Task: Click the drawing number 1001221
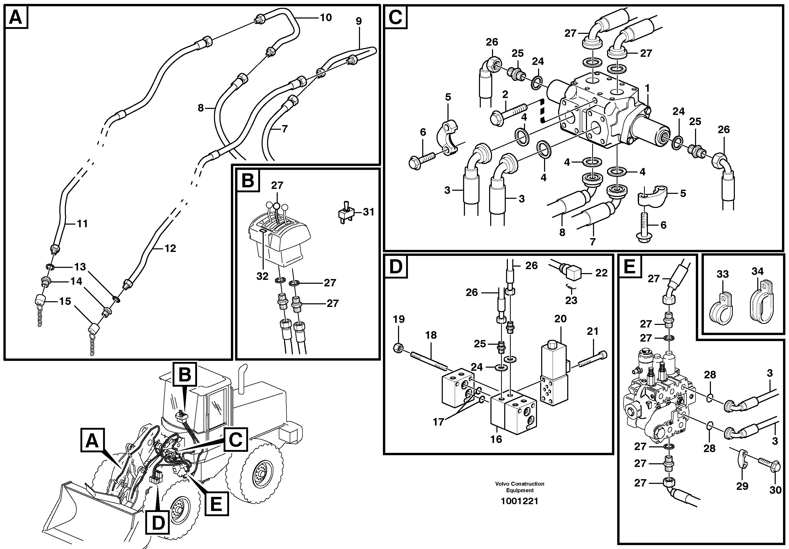point(519,501)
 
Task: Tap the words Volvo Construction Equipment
point(519,487)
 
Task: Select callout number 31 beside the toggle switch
point(368,212)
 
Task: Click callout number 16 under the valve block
point(496,439)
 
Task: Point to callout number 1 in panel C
point(647,89)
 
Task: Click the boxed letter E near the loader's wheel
point(216,505)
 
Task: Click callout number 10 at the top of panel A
point(326,17)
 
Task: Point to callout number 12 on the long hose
point(170,248)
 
